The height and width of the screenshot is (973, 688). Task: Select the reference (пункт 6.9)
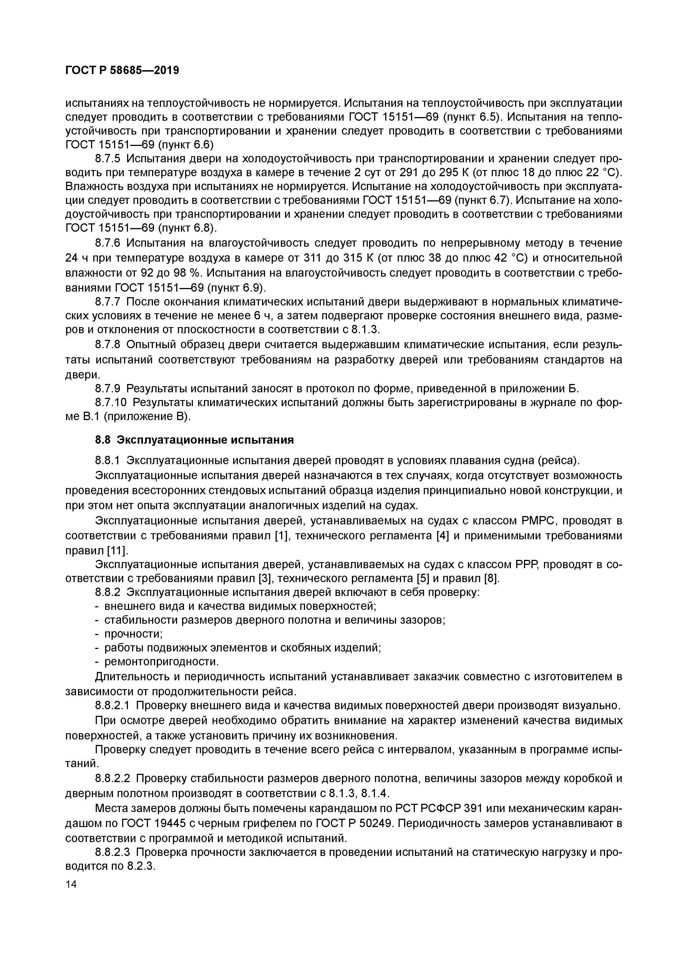pyautogui.click(x=236, y=288)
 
